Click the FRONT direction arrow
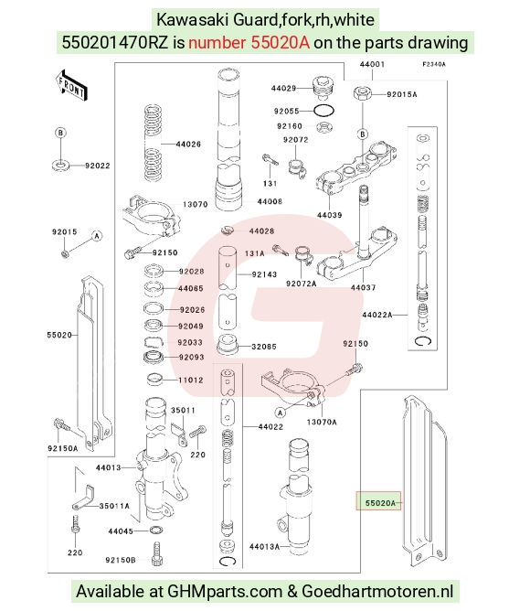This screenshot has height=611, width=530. click(71, 86)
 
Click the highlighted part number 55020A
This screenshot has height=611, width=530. click(380, 503)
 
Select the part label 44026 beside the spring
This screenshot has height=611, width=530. click(188, 145)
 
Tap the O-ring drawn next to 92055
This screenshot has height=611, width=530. click(324, 111)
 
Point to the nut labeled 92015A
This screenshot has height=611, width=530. click(362, 94)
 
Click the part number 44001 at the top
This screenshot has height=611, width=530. click(372, 64)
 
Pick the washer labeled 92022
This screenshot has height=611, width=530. click(60, 165)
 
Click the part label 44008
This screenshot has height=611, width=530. click(270, 201)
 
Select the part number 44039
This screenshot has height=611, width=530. click(330, 215)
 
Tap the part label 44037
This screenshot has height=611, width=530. click(363, 287)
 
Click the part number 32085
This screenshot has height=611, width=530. click(264, 347)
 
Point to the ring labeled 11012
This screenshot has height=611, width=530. click(155, 380)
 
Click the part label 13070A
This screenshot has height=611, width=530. click(322, 422)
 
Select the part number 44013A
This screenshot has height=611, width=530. click(264, 547)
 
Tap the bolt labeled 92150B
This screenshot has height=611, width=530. click(157, 553)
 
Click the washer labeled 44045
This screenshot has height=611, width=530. click(156, 530)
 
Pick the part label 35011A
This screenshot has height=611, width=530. click(114, 506)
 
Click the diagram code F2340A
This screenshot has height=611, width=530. click(434, 64)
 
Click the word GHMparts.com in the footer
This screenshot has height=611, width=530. click(225, 592)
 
